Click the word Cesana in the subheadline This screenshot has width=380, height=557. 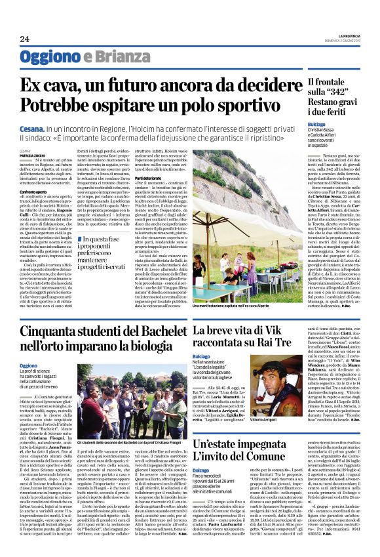(32, 132)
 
